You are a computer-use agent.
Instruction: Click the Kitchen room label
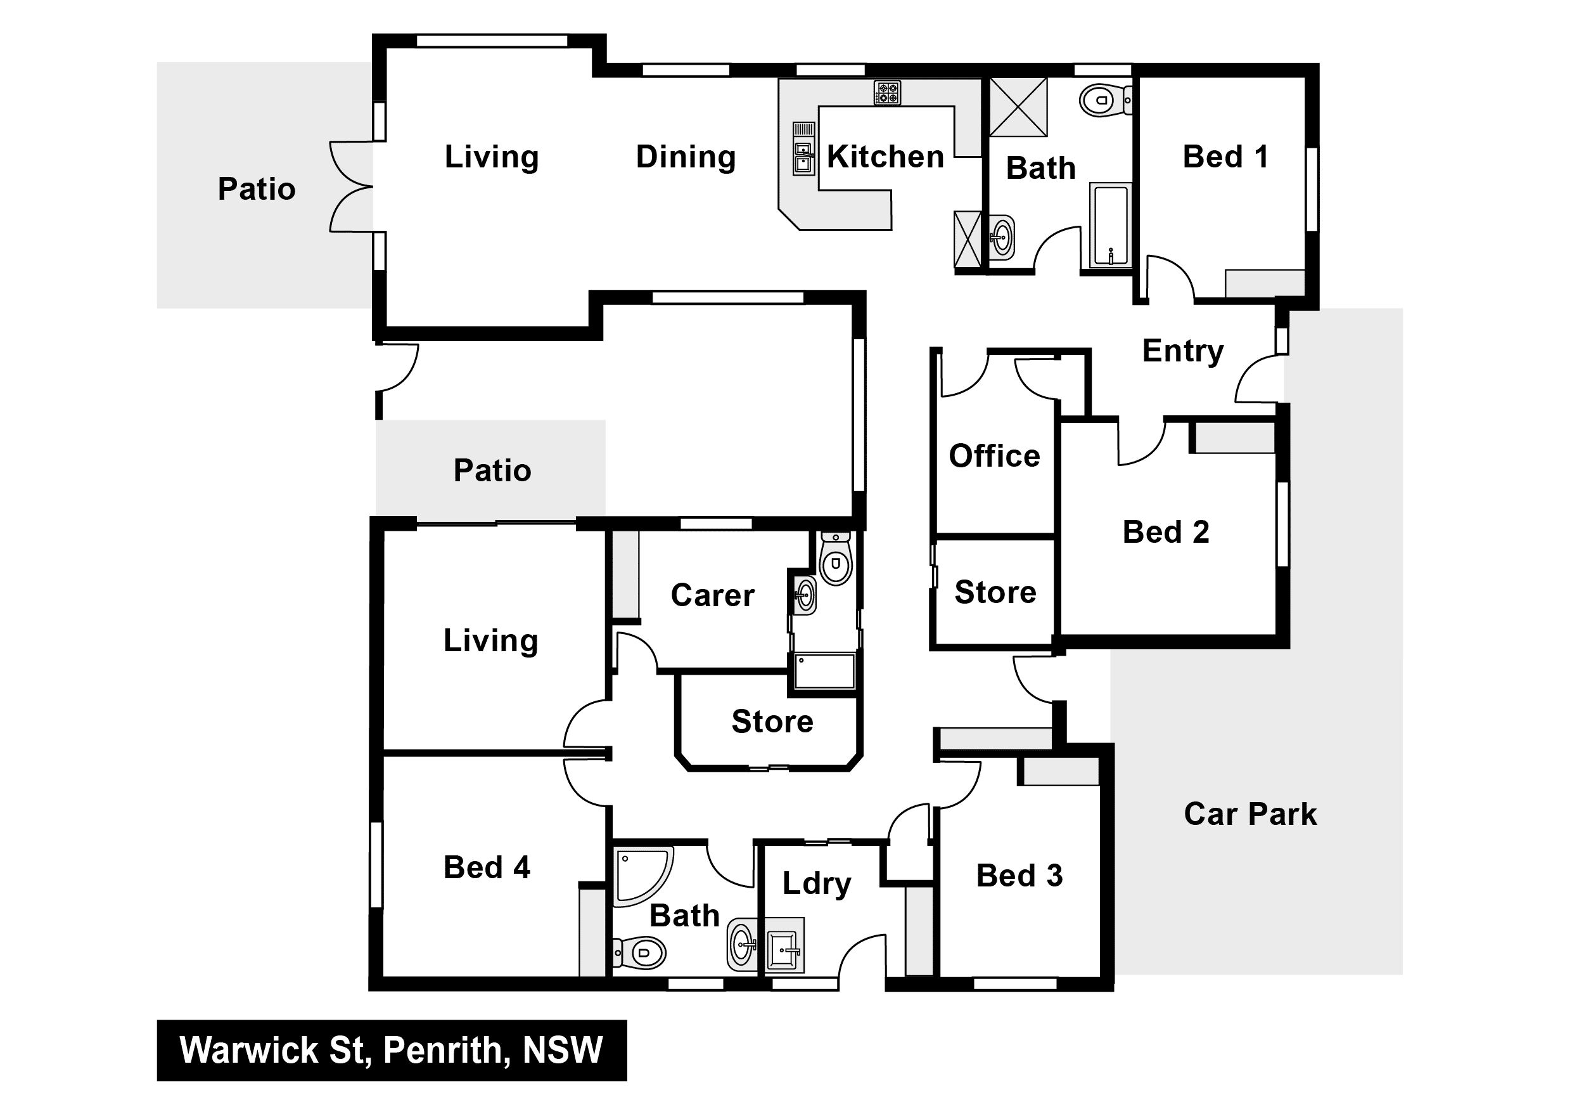click(885, 157)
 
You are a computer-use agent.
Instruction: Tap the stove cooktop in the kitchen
click(887, 93)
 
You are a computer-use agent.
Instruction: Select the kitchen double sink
click(804, 157)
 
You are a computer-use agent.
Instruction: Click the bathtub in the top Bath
click(1111, 225)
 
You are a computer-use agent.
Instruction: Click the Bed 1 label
click(1225, 157)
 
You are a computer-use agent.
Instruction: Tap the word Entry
click(1182, 352)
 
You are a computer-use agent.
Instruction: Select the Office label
click(994, 455)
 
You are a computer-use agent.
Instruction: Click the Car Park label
click(1250, 814)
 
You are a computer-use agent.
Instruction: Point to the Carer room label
click(712, 595)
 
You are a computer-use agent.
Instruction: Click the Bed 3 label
click(1019, 876)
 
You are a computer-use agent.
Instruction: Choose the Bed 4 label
click(487, 867)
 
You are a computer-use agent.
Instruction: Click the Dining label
click(686, 157)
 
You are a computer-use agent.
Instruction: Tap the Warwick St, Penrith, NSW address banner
click(392, 1050)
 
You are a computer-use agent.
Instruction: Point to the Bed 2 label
click(1166, 532)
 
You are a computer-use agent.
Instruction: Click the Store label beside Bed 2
click(995, 592)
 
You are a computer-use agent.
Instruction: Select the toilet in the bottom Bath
click(639, 952)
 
